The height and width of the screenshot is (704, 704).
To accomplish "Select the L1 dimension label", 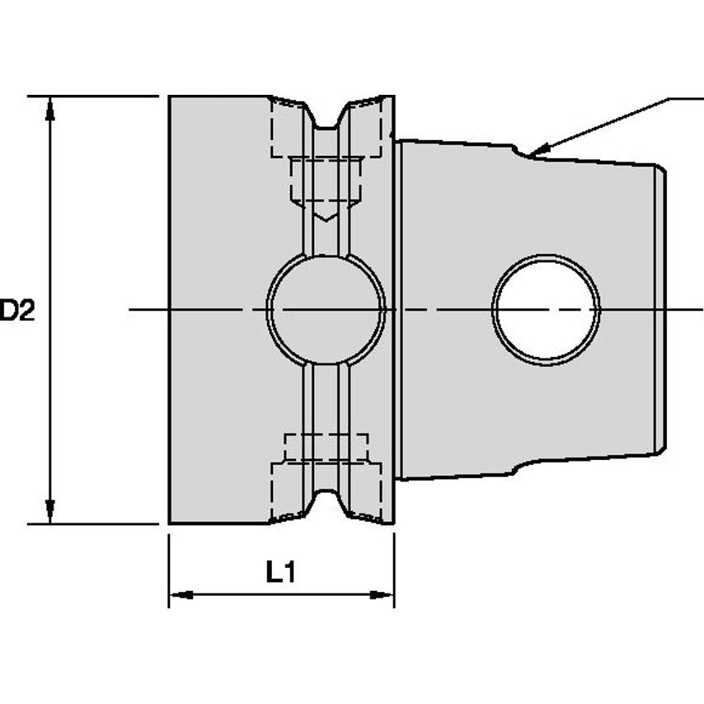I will [280, 571].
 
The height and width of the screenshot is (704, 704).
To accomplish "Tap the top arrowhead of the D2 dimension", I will [50, 104].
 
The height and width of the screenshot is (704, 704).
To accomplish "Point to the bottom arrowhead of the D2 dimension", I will [50, 514].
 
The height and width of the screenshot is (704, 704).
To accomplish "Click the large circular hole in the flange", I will [326, 309].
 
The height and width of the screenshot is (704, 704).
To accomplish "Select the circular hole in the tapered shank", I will [546, 309].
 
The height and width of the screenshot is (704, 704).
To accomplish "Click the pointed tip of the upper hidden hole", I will [326, 218].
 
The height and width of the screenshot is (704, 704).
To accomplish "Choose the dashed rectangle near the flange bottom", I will [326, 447].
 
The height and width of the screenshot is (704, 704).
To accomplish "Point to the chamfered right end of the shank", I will [661, 309].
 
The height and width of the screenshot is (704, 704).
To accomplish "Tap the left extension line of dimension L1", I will [169, 569].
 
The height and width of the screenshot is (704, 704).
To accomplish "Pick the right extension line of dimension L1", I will [394, 569].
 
